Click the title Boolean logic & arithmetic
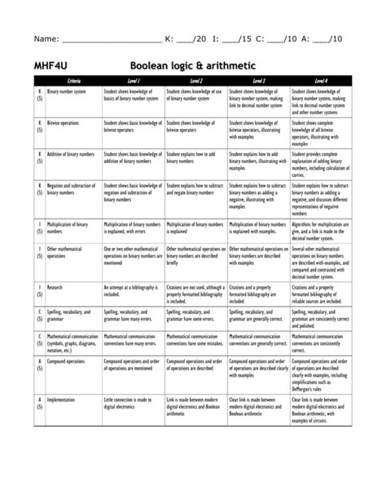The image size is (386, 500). [193, 64]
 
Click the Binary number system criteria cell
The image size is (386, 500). [67, 92]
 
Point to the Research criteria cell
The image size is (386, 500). [55, 287]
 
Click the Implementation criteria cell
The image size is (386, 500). [61, 400]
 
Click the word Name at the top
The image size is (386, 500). [46, 38]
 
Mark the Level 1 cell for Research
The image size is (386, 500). [134, 290]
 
